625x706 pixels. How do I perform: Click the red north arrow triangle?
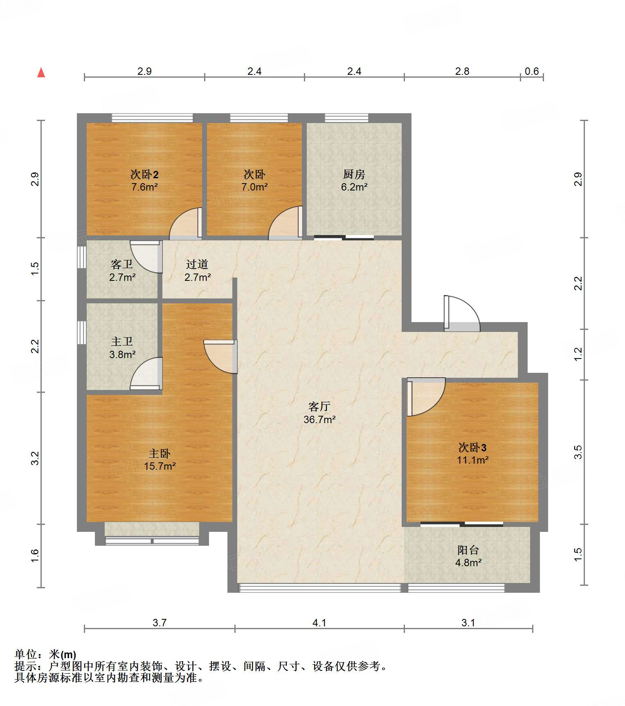point(41,72)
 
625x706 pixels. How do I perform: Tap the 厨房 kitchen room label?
point(354,175)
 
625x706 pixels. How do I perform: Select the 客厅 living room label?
point(319,407)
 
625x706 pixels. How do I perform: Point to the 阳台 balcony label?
point(468,550)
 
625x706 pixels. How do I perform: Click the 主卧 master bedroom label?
point(160,453)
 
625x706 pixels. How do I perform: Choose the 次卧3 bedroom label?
point(472,448)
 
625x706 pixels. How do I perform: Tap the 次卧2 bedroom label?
point(144,175)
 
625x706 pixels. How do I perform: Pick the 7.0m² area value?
point(254,187)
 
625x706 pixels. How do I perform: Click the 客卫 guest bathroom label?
point(122,264)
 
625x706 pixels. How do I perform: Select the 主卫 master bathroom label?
point(122,341)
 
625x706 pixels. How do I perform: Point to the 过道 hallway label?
point(197,264)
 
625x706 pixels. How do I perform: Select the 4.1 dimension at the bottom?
point(319,623)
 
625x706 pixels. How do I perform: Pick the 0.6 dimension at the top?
point(532,72)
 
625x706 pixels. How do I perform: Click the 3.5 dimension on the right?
point(578,452)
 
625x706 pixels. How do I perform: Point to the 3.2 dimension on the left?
point(35,458)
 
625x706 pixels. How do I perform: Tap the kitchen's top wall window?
point(346,118)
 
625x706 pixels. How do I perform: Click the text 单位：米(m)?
point(45,654)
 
